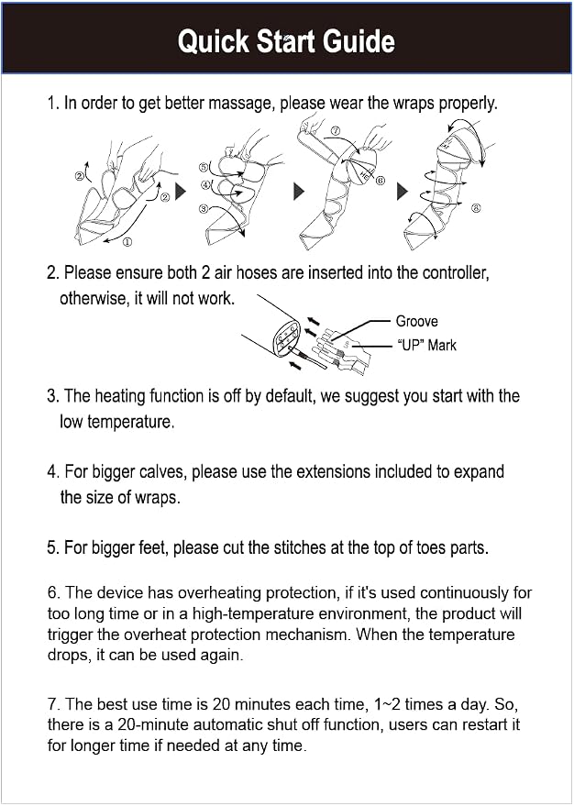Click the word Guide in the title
coord(359,41)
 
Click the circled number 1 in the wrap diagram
coord(127,242)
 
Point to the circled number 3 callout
coord(204,209)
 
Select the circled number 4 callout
coord(205,184)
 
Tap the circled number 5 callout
coord(204,167)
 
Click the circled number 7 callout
coord(336,131)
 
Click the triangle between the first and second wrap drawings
coord(181,192)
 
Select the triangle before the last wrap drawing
coord(403,192)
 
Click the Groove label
coord(417,321)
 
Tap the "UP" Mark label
coord(426,345)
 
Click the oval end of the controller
coord(287,337)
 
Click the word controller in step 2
coord(455,272)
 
